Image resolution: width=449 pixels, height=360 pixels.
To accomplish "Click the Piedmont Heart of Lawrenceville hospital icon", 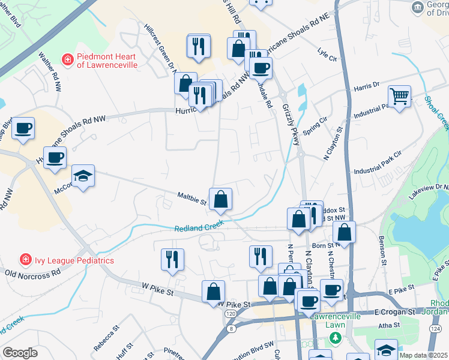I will point(68,59).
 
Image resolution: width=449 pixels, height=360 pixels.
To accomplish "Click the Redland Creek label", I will point(199,226).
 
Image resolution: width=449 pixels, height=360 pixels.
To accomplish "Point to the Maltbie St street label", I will point(192,198).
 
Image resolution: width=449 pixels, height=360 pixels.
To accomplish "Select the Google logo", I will point(20,353).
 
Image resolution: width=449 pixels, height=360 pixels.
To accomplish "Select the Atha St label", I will point(389,325).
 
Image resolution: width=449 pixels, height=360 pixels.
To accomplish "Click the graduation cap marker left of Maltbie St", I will point(83,176).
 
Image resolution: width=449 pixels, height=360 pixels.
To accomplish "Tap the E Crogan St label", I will point(395,312).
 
